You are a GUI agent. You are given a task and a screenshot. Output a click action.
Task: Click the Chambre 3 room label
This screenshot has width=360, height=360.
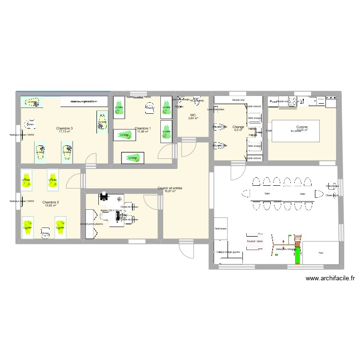click(x=64, y=128)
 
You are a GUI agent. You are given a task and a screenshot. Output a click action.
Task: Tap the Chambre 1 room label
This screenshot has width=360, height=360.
click(x=143, y=128)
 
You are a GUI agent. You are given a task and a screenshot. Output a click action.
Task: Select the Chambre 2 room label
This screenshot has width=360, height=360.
click(x=50, y=202)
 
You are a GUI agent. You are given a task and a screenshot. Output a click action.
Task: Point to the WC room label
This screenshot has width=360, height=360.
click(x=193, y=115)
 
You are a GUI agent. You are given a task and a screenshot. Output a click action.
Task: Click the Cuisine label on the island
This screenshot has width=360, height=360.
click(x=302, y=127)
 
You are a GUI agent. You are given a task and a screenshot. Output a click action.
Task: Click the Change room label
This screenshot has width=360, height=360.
click(x=239, y=127)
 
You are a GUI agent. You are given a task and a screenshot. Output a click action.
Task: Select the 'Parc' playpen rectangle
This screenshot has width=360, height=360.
click(x=321, y=253)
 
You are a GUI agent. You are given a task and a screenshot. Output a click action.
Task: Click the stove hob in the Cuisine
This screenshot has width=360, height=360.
click(x=293, y=101)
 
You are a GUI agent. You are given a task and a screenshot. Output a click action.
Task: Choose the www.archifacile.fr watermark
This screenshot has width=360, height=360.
click(x=329, y=278)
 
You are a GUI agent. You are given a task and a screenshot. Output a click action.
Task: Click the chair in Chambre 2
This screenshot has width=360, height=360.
click(x=45, y=233)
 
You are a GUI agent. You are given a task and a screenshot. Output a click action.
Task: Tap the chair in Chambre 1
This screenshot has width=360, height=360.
click(x=150, y=108)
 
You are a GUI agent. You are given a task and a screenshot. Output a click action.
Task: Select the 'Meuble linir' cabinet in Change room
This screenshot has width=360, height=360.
click(x=238, y=100)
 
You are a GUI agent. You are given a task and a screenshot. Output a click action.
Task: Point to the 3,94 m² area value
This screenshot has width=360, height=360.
click(x=193, y=119)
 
